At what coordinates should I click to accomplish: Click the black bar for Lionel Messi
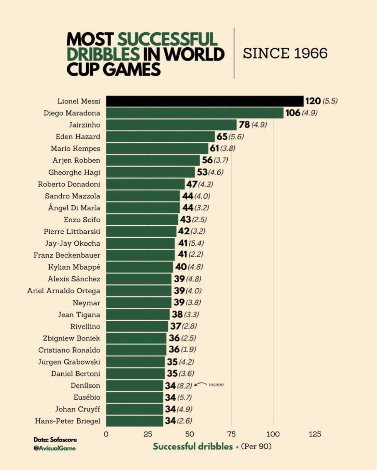tap(205, 101)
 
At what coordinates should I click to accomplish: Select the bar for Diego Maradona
tap(195, 113)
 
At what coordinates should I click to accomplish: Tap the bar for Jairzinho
tap(171, 125)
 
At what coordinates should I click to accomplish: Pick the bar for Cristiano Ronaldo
tap(136, 350)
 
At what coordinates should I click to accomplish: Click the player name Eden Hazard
tap(78, 137)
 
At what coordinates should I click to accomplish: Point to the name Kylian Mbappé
tap(74, 267)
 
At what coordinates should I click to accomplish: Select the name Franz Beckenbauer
tap(67, 255)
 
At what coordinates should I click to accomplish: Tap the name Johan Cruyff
tap(77, 409)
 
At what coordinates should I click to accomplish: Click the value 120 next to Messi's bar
tap(313, 101)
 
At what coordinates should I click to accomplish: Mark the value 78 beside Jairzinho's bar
tap(244, 125)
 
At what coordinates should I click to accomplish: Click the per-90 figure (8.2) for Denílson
tap(184, 386)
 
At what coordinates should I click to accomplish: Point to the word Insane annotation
tap(216, 385)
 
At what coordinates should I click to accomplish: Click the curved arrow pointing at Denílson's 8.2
tap(200, 384)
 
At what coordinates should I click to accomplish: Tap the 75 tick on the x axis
tap(231, 434)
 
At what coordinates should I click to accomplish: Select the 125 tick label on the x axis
tap(315, 434)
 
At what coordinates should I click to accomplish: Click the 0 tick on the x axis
tap(106, 434)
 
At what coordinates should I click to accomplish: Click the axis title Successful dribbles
tap(193, 446)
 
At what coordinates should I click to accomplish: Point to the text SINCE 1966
tap(285, 53)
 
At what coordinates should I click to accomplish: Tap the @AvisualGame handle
tap(55, 448)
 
